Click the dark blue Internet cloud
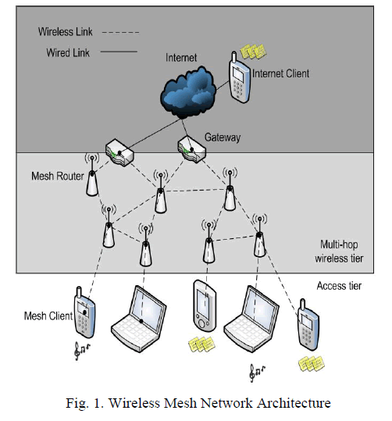[x=188, y=93]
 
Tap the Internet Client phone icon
[x=239, y=77]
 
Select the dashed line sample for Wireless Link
[x=120, y=33]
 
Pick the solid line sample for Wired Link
[x=119, y=52]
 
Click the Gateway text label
[x=223, y=137]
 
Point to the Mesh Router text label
[x=58, y=177]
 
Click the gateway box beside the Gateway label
[x=191, y=149]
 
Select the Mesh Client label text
[x=48, y=316]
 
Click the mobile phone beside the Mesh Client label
[x=84, y=312]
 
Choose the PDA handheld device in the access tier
[x=205, y=305]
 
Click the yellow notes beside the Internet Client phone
[x=253, y=52]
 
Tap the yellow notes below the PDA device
[x=201, y=344]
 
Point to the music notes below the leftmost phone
[x=81, y=351]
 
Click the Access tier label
[x=339, y=286]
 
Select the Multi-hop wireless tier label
[x=339, y=252]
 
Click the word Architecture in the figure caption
[x=294, y=403]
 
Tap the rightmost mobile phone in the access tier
[x=308, y=325]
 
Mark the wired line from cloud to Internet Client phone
[x=223, y=86]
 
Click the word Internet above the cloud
[x=181, y=58]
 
